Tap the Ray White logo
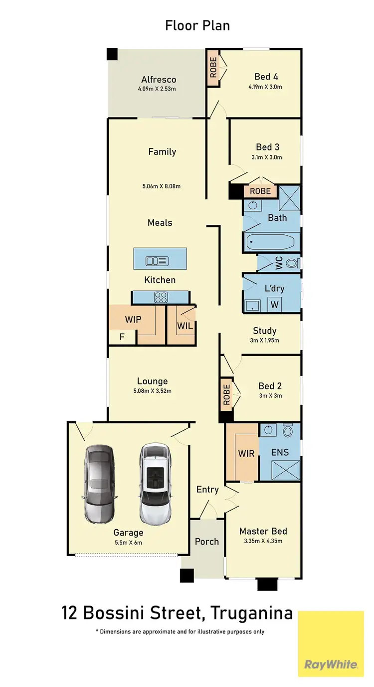click(331, 664)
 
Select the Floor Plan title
click(197, 25)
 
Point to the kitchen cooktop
click(161, 297)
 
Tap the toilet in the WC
click(294, 263)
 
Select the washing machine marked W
click(274, 304)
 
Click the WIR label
click(246, 454)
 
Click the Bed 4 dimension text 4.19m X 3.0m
click(265, 87)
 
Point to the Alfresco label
click(159, 79)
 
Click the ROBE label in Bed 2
click(227, 395)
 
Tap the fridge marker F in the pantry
click(122, 337)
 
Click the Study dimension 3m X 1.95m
click(264, 341)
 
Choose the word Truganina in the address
click(251, 613)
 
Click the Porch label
click(207, 542)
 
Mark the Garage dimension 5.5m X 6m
click(128, 543)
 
